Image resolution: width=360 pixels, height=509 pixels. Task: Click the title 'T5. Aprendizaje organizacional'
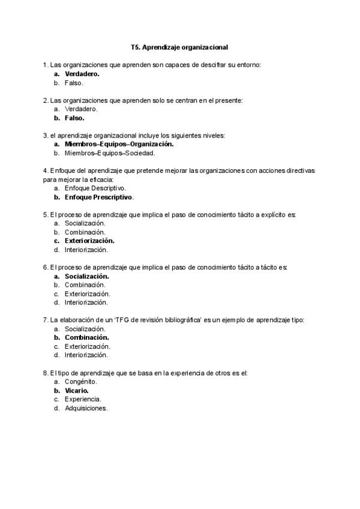pyautogui.click(x=179, y=46)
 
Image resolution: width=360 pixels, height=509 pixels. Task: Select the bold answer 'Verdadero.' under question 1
pyautogui.click(x=82, y=74)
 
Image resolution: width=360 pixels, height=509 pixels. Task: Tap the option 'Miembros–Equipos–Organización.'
pyautogui.click(x=119, y=144)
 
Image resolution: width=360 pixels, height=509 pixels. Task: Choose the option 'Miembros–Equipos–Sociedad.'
pyautogui.click(x=110, y=152)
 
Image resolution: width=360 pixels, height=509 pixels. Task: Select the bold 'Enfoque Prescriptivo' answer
pyautogui.click(x=98, y=197)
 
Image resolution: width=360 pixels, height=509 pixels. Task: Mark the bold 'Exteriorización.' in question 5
pyautogui.click(x=89, y=241)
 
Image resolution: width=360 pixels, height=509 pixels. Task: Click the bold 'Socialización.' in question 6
pyautogui.click(x=86, y=276)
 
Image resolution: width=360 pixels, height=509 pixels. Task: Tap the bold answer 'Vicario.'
pyautogui.click(x=76, y=390)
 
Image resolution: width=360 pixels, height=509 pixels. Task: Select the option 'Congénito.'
pyautogui.click(x=81, y=381)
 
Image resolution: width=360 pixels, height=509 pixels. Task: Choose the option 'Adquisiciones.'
pyautogui.click(x=86, y=408)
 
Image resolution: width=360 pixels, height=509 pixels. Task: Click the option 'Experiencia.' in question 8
pyautogui.click(x=83, y=399)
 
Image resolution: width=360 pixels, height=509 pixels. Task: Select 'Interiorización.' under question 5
pyautogui.click(x=86, y=250)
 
